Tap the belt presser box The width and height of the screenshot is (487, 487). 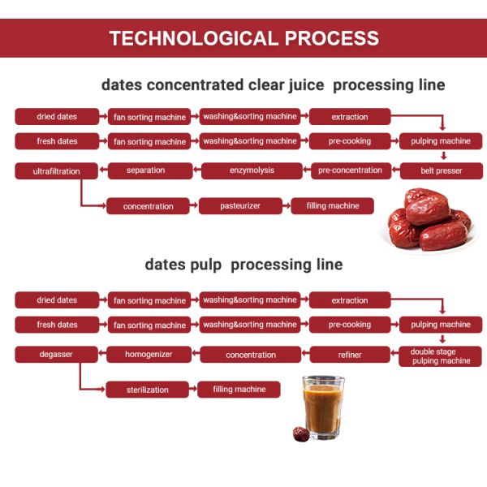[x=440, y=171]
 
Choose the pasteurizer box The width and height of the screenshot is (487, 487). [x=239, y=206]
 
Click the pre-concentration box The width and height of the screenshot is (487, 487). [x=350, y=170]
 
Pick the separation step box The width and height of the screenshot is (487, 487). [x=146, y=170]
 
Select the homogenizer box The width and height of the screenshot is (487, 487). [x=147, y=355]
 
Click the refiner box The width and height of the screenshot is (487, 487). [x=350, y=355]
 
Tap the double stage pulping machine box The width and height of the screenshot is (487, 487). [x=440, y=356]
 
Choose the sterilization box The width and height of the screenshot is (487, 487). [x=147, y=390]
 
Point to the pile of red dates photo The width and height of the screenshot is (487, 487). [x=428, y=219]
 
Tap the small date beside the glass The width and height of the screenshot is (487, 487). [x=300, y=433]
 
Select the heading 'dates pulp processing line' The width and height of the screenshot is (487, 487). [x=243, y=265]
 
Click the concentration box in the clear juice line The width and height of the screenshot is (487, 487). [x=148, y=206]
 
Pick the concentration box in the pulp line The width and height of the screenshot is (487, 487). [x=251, y=355]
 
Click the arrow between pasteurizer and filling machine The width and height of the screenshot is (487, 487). [x=285, y=206]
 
